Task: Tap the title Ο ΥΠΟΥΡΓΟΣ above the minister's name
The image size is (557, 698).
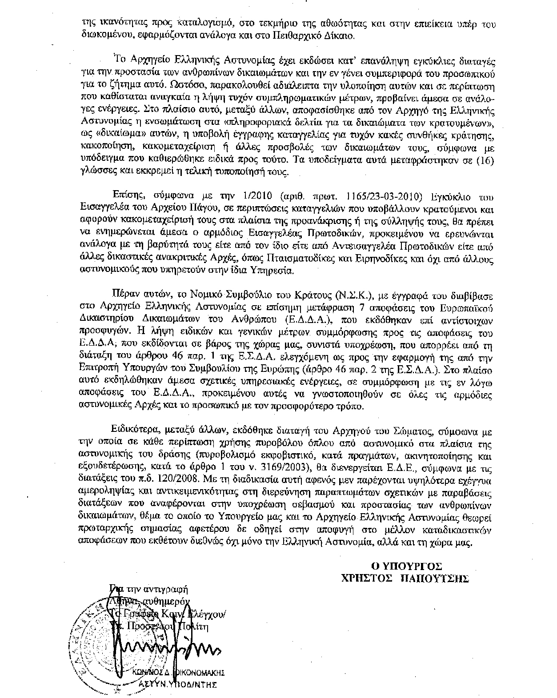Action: [x=407, y=566]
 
